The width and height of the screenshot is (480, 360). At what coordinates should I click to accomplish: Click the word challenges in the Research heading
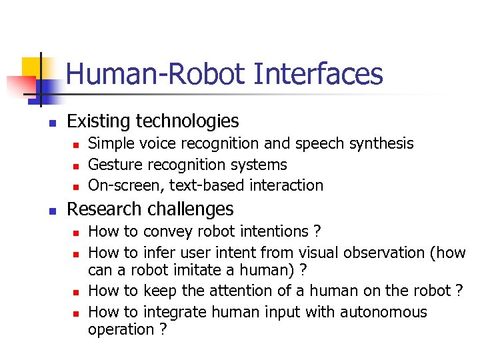tap(193, 209)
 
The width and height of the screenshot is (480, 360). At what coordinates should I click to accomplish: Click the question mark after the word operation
tap(163, 329)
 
